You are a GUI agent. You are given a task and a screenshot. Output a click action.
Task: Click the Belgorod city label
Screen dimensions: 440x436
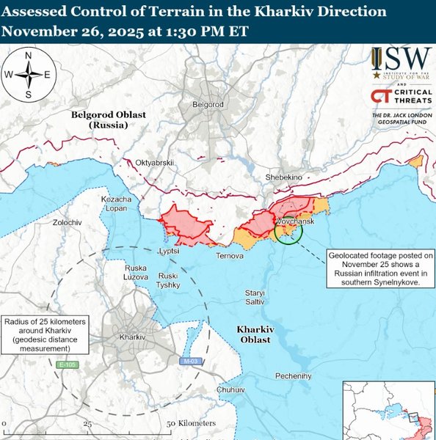point(207,105)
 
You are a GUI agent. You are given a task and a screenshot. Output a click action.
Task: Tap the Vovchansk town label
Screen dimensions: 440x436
point(296,221)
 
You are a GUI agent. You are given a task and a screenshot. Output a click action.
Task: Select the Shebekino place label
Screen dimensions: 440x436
point(286,177)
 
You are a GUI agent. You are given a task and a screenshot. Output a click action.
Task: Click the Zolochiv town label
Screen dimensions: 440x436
point(67,221)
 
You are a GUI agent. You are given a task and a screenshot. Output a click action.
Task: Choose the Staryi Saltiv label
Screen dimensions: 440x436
point(255,298)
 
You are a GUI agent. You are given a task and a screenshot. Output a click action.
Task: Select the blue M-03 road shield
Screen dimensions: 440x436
point(190,362)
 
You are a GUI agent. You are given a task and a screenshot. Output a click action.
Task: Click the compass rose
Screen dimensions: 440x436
point(28,74)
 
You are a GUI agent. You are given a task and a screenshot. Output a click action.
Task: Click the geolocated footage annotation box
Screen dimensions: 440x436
point(381,269)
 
